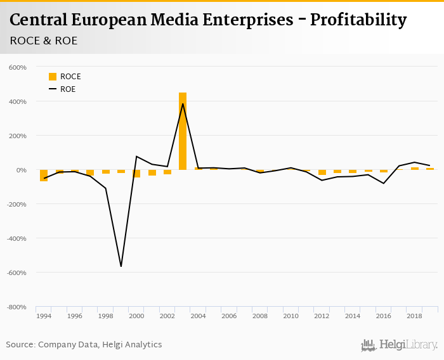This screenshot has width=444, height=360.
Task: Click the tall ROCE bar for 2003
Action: (x=183, y=131)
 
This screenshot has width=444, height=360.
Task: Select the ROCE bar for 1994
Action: (x=44, y=176)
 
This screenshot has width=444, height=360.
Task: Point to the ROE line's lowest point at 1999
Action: (x=121, y=266)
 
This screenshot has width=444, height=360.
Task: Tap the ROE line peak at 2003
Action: (x=183, y=104)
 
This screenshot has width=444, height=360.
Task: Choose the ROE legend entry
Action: (x=63, y=89)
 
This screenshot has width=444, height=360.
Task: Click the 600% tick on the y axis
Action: (x=18, y=67)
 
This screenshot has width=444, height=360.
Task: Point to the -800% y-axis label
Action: (x=16, y=307)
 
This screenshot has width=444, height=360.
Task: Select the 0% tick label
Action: (x=21, y=170)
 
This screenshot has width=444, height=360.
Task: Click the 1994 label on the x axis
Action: (x=44, y=316)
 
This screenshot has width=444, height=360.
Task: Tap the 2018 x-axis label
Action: (x=415, y=316)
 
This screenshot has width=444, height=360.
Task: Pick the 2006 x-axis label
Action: (x=229, y=316)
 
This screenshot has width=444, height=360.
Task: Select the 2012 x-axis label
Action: (x=322, y=316)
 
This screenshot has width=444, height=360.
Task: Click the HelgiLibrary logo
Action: (x=399, y=345)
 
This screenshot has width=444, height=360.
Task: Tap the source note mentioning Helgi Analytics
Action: (x=84, y=345)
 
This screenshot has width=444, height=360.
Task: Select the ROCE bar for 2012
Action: (x=322, y=172)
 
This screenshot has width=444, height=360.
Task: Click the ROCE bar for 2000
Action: (x=136, y=174)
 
